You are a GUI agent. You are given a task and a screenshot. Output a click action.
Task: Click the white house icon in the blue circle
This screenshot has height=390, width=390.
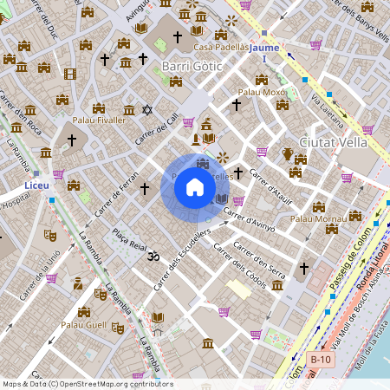click(x=195, y=188)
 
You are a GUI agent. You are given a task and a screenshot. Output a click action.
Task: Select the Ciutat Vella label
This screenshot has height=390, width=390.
click(x=333, y=141)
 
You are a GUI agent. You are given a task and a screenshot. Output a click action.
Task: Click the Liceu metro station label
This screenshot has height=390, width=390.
click(x=37, y=185)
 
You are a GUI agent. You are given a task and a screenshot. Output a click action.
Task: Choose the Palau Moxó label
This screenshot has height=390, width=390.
click(x=262, y=91)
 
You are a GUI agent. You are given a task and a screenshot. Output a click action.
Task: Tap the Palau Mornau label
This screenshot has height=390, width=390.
click(x=318, y=218)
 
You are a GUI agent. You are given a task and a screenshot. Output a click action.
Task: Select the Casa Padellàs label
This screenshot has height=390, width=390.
click(x=222, y=47)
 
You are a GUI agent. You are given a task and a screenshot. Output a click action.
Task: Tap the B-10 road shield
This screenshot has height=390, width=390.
click(x=321, y=359)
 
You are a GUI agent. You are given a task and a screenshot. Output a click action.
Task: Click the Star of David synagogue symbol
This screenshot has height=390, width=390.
click(x=146, y=110)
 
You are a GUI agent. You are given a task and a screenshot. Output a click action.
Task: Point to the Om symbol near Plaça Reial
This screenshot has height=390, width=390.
click(x=155, y=257)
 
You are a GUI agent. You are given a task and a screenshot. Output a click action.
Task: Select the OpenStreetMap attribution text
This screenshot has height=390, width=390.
click(x=87, y=384)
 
